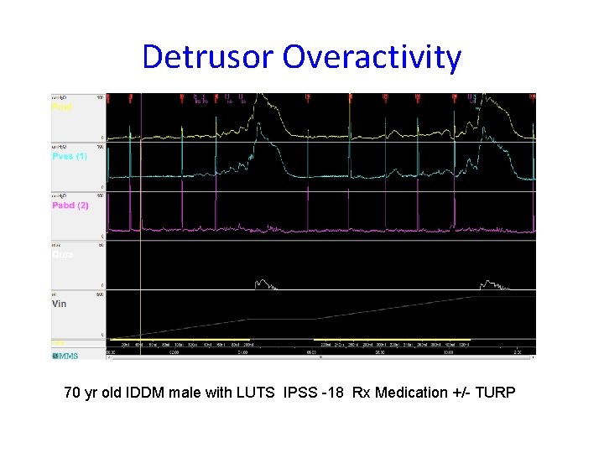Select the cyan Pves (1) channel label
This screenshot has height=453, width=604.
click(70, 156)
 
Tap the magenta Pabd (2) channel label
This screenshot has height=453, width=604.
click(70, 206)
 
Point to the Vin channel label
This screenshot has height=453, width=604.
click(60, 304)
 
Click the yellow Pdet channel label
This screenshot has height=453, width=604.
click(62, 107)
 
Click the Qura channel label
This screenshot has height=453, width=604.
click(62, 254)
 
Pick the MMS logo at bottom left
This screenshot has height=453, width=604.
click(65, 356)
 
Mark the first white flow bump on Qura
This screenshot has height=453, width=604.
click(263, 284)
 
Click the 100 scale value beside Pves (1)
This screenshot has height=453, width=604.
click(101, 147)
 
